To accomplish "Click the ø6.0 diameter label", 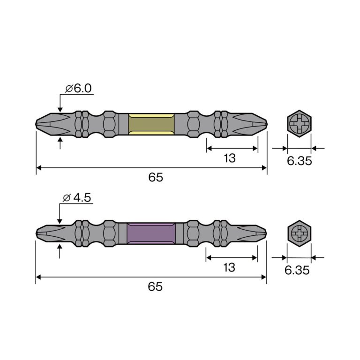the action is coord(78,89).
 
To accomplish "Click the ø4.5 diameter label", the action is coord(77,198).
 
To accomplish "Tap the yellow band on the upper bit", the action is coord(151,124).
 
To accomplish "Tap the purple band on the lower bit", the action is coord(151,233).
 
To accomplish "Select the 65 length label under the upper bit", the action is coord(156,177).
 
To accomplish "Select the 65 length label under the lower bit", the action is coord(155,286).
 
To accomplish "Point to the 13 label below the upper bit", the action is coord(230,158).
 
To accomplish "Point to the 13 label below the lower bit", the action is coord(229,268).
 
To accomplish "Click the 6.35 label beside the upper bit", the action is coord(300,161).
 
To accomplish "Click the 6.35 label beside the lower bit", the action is coord(297,270).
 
